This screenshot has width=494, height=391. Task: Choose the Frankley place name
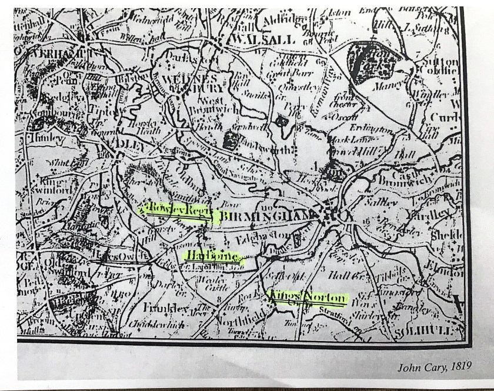(159, 308)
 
